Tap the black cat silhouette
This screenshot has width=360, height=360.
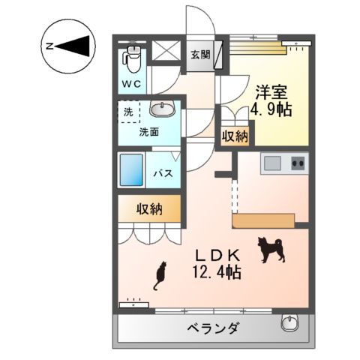[160, 277]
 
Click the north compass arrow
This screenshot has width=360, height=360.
[76, 46]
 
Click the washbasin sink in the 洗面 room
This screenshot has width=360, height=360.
[162, 110]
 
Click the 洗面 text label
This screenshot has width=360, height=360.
[148, 132]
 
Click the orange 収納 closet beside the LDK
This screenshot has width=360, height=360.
[148, 209]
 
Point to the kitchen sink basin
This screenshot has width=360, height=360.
[271, 163]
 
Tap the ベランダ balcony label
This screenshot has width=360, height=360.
[213, 328]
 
